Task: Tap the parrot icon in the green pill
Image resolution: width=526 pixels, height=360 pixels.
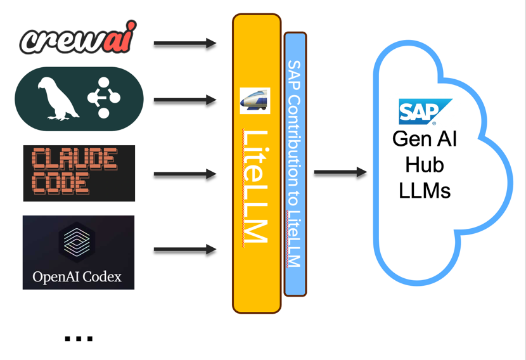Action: pyautogui.click(x=56, y=98)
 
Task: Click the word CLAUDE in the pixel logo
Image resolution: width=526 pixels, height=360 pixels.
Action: pyautogui.click(x=75, y=158)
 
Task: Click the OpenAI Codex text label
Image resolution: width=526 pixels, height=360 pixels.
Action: pyautogui.click(x=77, y=277)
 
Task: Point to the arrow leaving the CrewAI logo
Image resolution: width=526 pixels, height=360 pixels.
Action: pyautogui.click(x=184, y=44)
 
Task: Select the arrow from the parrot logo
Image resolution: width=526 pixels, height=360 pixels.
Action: pyautogui.click(x=184, y=100)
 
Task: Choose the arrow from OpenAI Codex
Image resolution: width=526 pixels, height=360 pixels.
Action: pyautogui.click(x=184, y=250)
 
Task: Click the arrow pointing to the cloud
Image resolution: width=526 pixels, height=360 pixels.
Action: pyautogui.click(x=340, y=172)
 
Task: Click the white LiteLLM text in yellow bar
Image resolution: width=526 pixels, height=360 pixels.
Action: pyautogui.click(x=255, y=186)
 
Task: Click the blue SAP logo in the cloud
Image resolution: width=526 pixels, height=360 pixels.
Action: pyautogui.click(x=424, y=112)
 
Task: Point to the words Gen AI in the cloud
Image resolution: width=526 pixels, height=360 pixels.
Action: pyautogui.click(x=425, y=139)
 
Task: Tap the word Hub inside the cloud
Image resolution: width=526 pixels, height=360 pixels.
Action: pyautogui.click(x=425, y=165)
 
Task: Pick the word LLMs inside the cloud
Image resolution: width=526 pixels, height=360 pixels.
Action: pyautogui.click(x=425, y=190)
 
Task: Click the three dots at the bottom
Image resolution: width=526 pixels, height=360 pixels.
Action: pyautogui.click(x=79, y=339)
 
